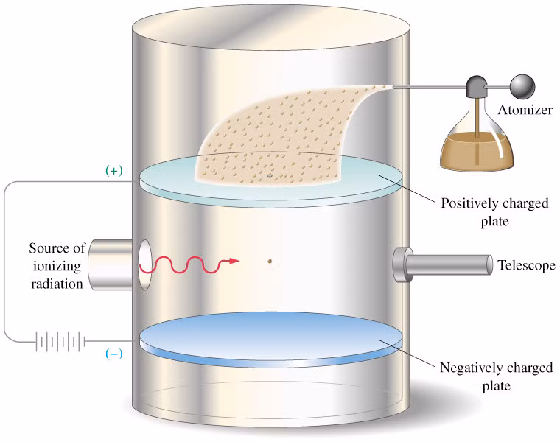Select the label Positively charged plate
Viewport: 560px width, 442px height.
(494, 211)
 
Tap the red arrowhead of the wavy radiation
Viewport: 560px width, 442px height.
(234, 261)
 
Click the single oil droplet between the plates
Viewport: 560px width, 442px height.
(270, 260)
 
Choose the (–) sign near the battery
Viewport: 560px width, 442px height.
(114, 353)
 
